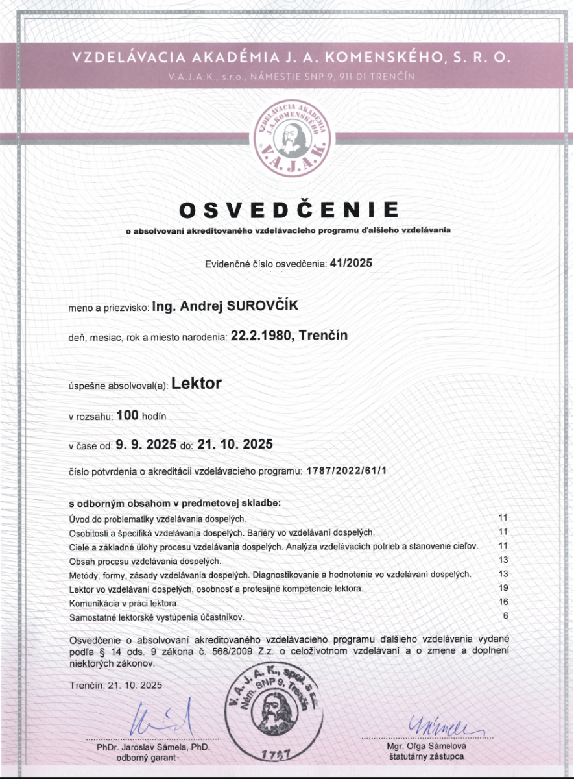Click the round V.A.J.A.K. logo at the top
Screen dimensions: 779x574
point(287,136)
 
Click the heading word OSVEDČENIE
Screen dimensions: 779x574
point(288,210)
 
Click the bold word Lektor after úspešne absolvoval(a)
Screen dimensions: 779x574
point(197,383)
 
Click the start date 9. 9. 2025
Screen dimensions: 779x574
point(146,445)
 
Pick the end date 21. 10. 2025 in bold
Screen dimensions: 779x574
point(235,445)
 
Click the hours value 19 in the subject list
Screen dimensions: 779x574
point(503,588)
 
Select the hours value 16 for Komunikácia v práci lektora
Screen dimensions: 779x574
point(503,602)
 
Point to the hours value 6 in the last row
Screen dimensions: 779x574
point(505,616)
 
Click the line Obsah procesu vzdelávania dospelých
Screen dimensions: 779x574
point(145,560)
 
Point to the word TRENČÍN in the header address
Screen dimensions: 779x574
point(393,76)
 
